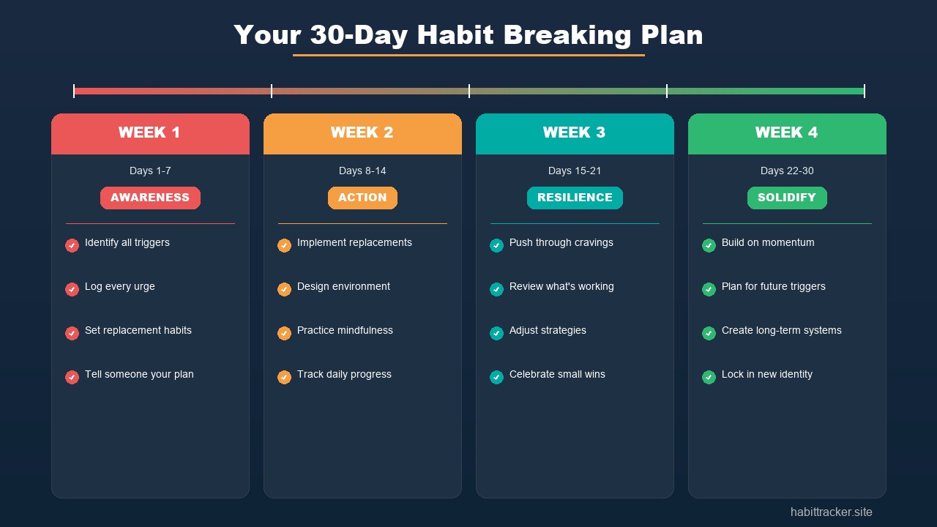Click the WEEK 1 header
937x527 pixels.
click(x=150, y=133)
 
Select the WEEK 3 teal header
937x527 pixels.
click(x=575, y=133)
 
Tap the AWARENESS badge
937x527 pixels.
click(x=150, y=198)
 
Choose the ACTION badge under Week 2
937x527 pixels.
click(x=362, y=198)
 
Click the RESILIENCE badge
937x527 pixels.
click(x=575, y=198)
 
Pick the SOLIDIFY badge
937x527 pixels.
click(x=787, y=198)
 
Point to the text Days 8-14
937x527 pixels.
click(x=362, y=171)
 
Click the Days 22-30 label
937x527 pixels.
click(x=787, y=171)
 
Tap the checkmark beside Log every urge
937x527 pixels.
click(x=72, y=289)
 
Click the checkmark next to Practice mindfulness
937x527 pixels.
click(x=284, y=333)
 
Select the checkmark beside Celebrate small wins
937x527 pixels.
click(x=496, y=377)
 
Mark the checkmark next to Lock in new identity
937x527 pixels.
click(x=709, y=377)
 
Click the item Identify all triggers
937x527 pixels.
click(x=127, y=242)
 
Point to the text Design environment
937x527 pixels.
click(x=343, y=286)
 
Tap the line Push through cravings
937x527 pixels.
click(x=561, y=242)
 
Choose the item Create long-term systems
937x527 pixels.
click(x=781, y=330)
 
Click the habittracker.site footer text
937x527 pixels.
click(x=831, y=512)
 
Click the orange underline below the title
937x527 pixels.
click(x=468, y=55)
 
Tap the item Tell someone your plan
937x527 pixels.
click(x=139, y=374)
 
